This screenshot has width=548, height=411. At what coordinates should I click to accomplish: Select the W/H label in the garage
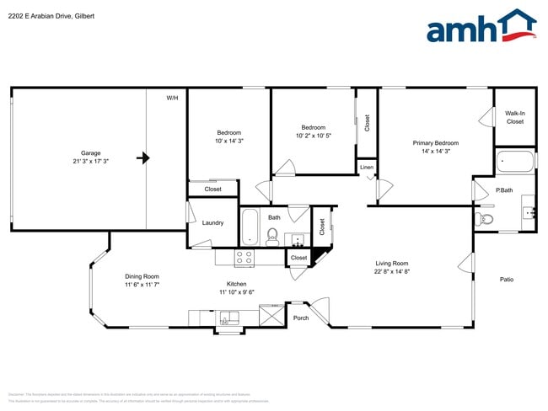[172, 99]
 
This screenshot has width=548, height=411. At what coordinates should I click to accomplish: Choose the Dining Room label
[118, 276]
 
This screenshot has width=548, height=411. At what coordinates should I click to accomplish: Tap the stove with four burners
[244, 258]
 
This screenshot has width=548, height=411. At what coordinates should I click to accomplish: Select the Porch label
[301, 318]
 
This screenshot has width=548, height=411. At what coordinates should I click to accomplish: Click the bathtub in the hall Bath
[250, 226]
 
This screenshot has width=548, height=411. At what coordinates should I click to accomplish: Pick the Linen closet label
[366, 168]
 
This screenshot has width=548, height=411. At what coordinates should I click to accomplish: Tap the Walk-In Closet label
[514, 117]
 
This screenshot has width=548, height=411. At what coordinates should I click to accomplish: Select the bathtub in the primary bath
[514, 161]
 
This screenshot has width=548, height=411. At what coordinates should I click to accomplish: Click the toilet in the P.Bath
[485, 220]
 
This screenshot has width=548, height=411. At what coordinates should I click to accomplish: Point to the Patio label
[506, 280]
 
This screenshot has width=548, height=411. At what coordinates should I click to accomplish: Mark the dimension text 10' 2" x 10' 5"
[313, 136]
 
